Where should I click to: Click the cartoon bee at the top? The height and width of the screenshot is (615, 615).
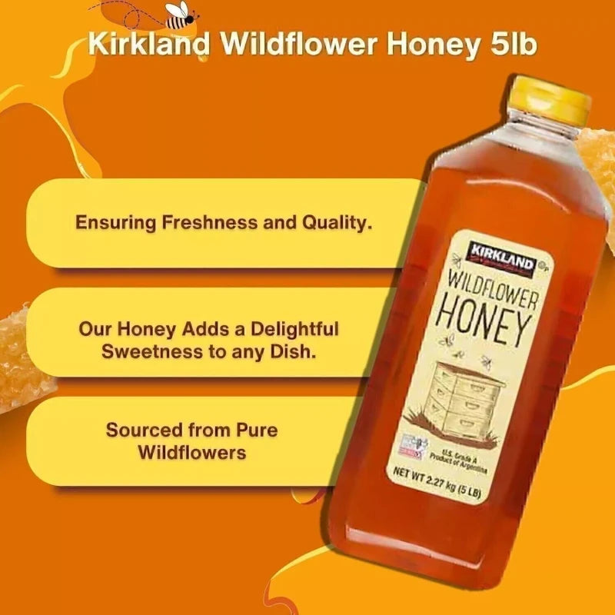182,15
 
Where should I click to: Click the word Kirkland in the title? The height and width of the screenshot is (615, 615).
149,44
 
